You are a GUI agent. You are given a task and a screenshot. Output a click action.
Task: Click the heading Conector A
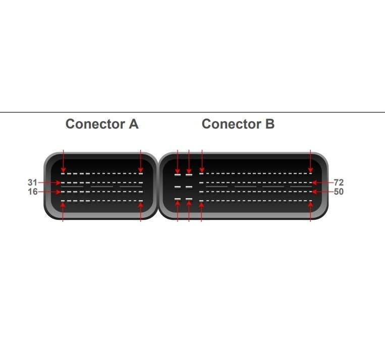(x=102, y=124)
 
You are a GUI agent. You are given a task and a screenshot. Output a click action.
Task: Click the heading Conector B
(x=238, y=124)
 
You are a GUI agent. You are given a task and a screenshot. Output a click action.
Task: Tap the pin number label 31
(x=32, y=183)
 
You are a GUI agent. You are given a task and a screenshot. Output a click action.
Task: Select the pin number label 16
(x=33, y=192)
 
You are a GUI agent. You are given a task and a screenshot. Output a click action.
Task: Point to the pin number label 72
(x=339, y=183)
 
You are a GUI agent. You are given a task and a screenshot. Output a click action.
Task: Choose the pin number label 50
(x=339, y=192)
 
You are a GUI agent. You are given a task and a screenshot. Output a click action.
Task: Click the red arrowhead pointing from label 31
(x=58, y=183)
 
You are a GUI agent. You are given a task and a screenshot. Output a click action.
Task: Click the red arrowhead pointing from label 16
(x=58, y=192)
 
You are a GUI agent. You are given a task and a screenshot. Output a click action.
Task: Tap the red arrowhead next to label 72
(x=314, y=183)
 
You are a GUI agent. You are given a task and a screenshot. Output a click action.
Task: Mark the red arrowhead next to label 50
(x=314, y=192)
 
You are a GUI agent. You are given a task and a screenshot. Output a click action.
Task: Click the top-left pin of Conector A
(x=63, y=174)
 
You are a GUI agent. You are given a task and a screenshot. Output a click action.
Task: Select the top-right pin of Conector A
(x=141, y=174)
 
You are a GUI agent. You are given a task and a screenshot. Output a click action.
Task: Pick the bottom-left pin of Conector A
(x=63, y=201)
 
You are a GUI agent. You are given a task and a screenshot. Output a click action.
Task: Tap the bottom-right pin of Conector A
(x=141, y=201)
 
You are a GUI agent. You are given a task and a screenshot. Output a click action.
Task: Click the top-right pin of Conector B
(x=310, y=174)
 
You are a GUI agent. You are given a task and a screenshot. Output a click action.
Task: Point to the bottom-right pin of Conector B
(x=310, y=201)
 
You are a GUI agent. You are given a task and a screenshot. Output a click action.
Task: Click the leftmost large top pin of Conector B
(x=178, y=175)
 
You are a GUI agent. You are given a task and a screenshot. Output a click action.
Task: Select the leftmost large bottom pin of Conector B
(x=178, y=199)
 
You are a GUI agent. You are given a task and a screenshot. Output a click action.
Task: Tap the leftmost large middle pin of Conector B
(x=178, y=187)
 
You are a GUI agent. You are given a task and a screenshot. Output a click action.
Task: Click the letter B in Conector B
(x=269, y=124)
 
